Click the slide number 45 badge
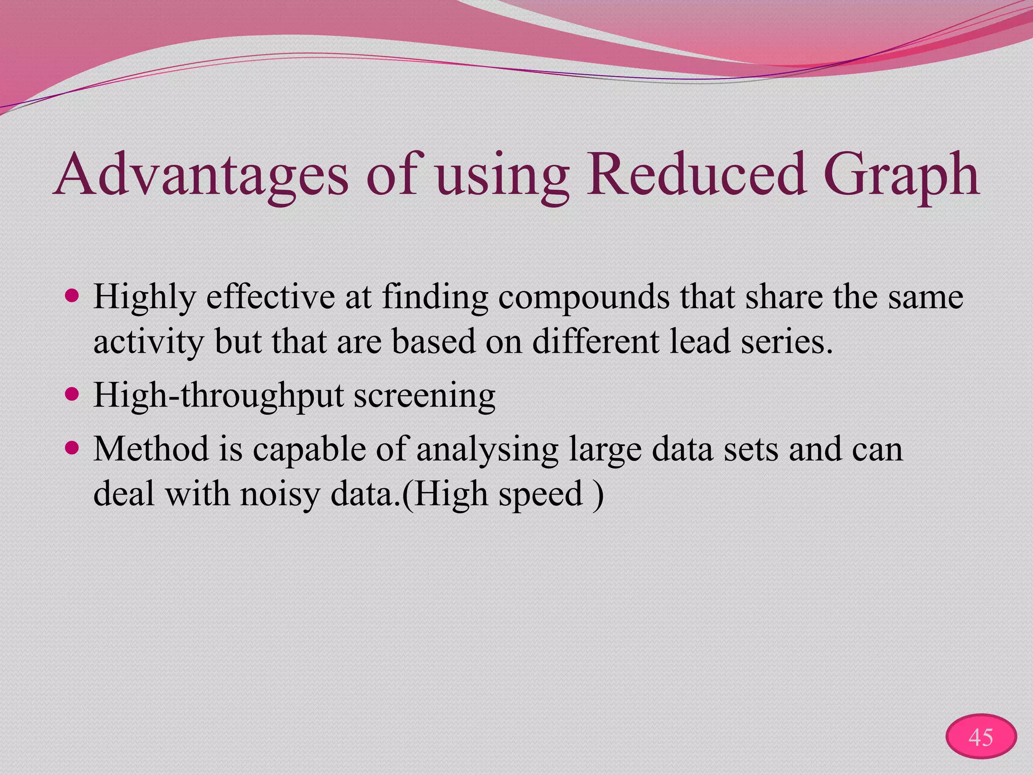coord(981,737)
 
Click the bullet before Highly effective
coord(73,296)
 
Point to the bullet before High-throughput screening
coord(73,394)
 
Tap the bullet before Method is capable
coord(73,447)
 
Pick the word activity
coord(148,342)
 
